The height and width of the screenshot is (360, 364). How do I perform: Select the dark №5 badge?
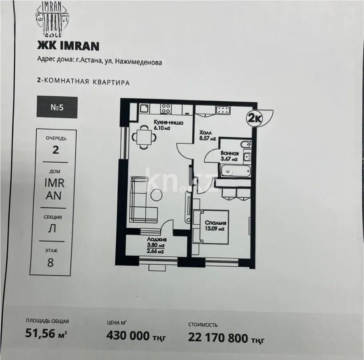pyautogui.click(x=57, y=107)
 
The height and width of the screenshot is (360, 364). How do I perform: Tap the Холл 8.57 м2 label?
pyautogui.click(x=207, y=136)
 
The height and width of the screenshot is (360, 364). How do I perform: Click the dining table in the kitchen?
pyautogui.click(x=144, y=136)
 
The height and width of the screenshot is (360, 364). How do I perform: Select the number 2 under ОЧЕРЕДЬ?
pyautogui.click(x=56, y=150)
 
